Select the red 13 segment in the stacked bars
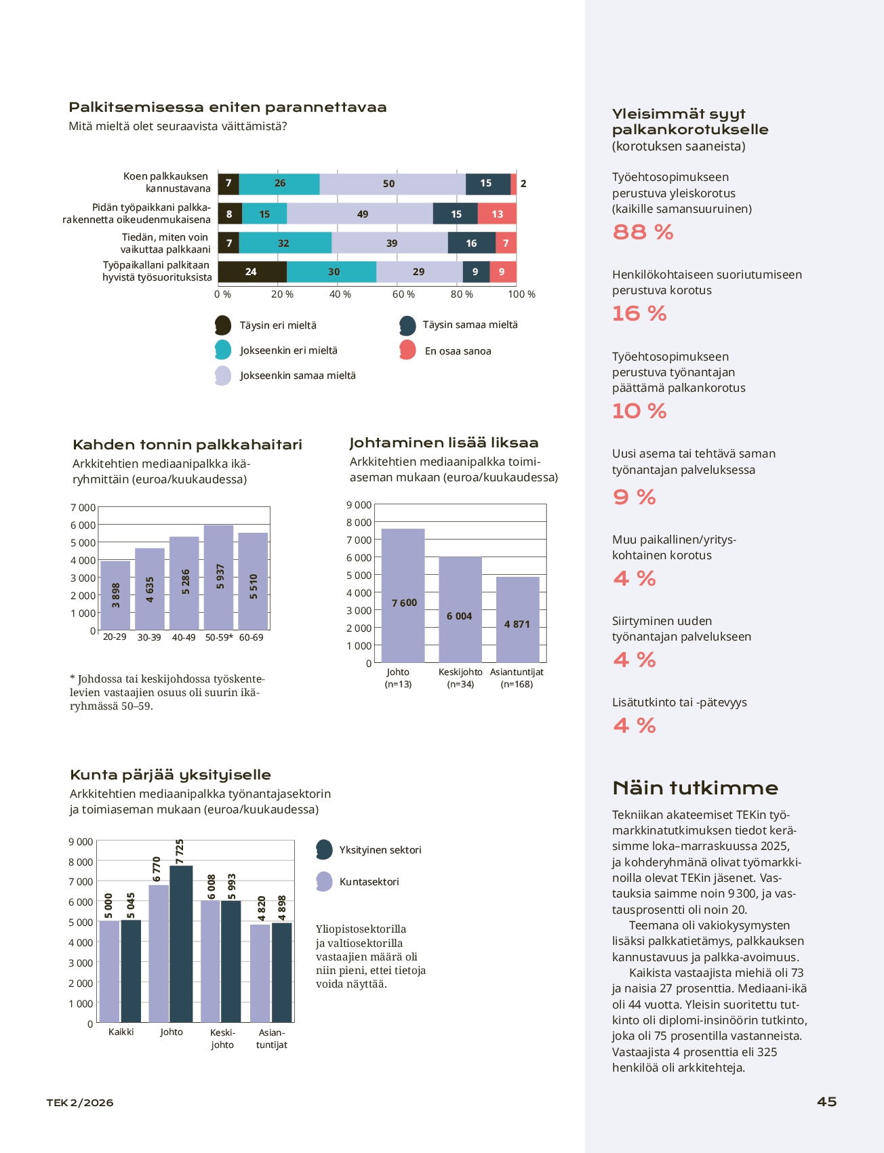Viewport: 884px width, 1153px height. (x=497, y=214)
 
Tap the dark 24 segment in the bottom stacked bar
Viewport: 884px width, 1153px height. (x=252, y=272)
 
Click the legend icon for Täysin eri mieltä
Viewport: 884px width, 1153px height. (x=223, y=325)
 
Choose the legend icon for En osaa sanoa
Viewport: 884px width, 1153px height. (x=407, y=350)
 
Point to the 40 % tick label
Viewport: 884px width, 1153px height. (x=340, y=294)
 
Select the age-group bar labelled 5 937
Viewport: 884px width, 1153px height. (x=218, y=578)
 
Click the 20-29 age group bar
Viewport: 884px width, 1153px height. (x=115, y=596)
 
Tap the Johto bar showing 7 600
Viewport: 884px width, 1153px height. (x=403, y=596)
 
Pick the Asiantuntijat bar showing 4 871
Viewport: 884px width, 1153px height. (x=518, y=620)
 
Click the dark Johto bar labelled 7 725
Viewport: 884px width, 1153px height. (x=181, y=944)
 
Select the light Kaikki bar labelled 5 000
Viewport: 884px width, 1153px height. (x=109, y=971)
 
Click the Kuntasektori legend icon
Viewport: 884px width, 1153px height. (x=325, y=881)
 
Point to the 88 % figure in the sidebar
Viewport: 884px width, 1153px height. (x=643, y=232)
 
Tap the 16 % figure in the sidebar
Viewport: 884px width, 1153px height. (x=639, y=314)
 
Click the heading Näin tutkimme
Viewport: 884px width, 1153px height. (x=695, y=788)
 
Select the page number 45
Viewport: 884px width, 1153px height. (x=826, y=1101)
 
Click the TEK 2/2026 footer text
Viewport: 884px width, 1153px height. (x=80, y=1103)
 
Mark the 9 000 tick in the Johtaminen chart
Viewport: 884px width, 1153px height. (x=359, y=505)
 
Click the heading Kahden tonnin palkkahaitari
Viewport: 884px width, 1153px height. (x=187, y=445)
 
